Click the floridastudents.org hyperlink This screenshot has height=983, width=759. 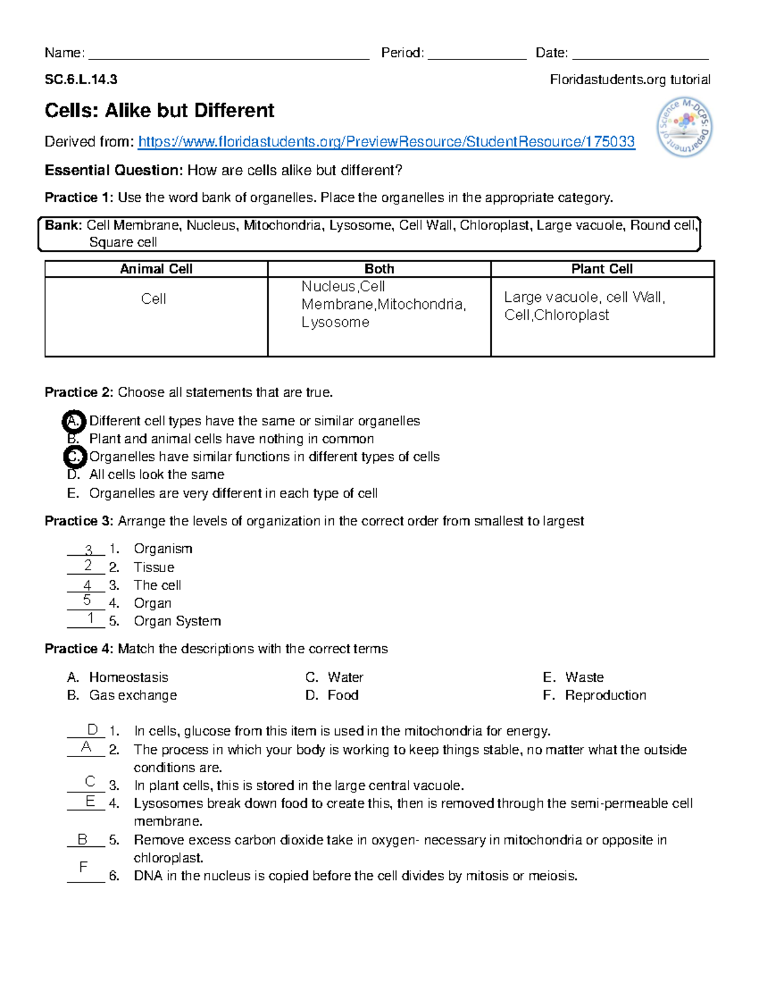click(386, 142)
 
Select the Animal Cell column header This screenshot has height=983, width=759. click(156, 269)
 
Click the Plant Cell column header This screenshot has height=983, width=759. click(602, 269)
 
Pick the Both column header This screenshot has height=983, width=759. click(379, 269)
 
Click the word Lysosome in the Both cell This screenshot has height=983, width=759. click(335, 322)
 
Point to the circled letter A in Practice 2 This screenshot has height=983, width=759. click(74, 421)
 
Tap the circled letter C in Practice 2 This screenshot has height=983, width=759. click(74, 456)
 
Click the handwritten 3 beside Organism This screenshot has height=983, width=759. click(89, 550)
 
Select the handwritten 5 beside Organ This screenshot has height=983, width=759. click(87, 600)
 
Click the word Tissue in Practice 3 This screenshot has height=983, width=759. click(154, 567)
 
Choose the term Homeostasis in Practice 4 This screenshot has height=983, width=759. click(128, 677)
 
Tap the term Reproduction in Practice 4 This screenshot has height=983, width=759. click(605, 695)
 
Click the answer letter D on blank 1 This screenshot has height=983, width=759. click(92, 730)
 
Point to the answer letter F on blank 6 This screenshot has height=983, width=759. click(83, 867)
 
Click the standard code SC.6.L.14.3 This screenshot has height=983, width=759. click(81, 80)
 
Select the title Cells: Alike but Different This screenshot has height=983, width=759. click(159, 111)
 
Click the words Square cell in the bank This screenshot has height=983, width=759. click(123, 242)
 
